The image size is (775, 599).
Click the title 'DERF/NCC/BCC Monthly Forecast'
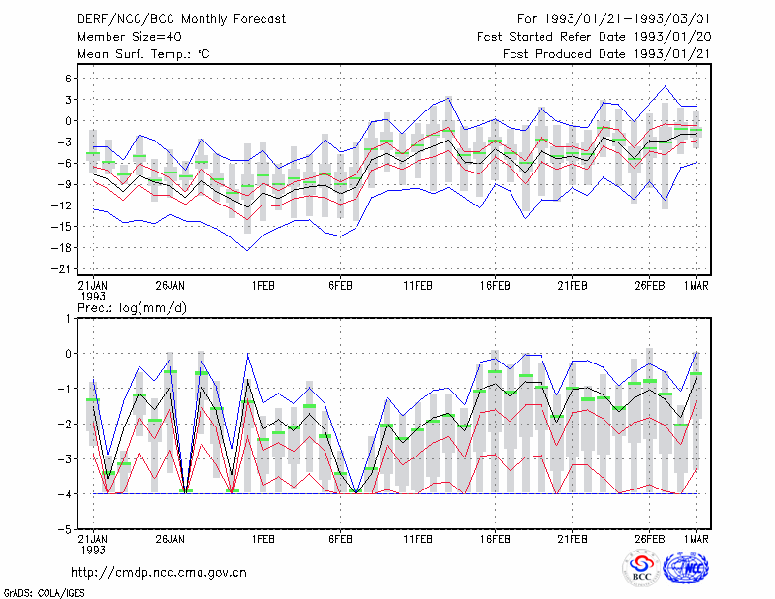[181, 19]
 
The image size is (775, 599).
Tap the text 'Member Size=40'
[130, 37]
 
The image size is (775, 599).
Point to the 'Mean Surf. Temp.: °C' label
[143, 54]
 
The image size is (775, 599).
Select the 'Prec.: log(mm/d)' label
[132, 308]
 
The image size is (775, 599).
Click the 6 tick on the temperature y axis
[68, 79]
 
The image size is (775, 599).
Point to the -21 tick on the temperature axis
[63, 269]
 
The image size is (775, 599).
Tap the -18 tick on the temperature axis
[63, 248]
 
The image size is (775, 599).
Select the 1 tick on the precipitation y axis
[68, 319]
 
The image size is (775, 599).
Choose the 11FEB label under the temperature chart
[418, 286]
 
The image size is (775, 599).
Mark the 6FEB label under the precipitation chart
[341, 539]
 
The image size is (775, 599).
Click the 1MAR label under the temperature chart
[696, 286]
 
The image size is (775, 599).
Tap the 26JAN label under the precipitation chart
[170, 539]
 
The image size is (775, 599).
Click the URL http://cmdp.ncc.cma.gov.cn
[159, 573]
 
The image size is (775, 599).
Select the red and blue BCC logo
[641, 568]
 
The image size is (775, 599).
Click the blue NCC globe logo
[686, 568]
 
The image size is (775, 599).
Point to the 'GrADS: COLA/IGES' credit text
[44, 593]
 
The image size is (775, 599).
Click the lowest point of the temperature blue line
[248, 251]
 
